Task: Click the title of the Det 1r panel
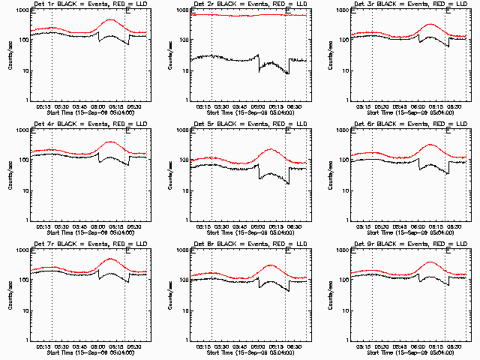(x=88, y=5)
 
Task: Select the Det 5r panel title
(x=248, y=125)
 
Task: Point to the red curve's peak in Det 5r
(x=271, y=149)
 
